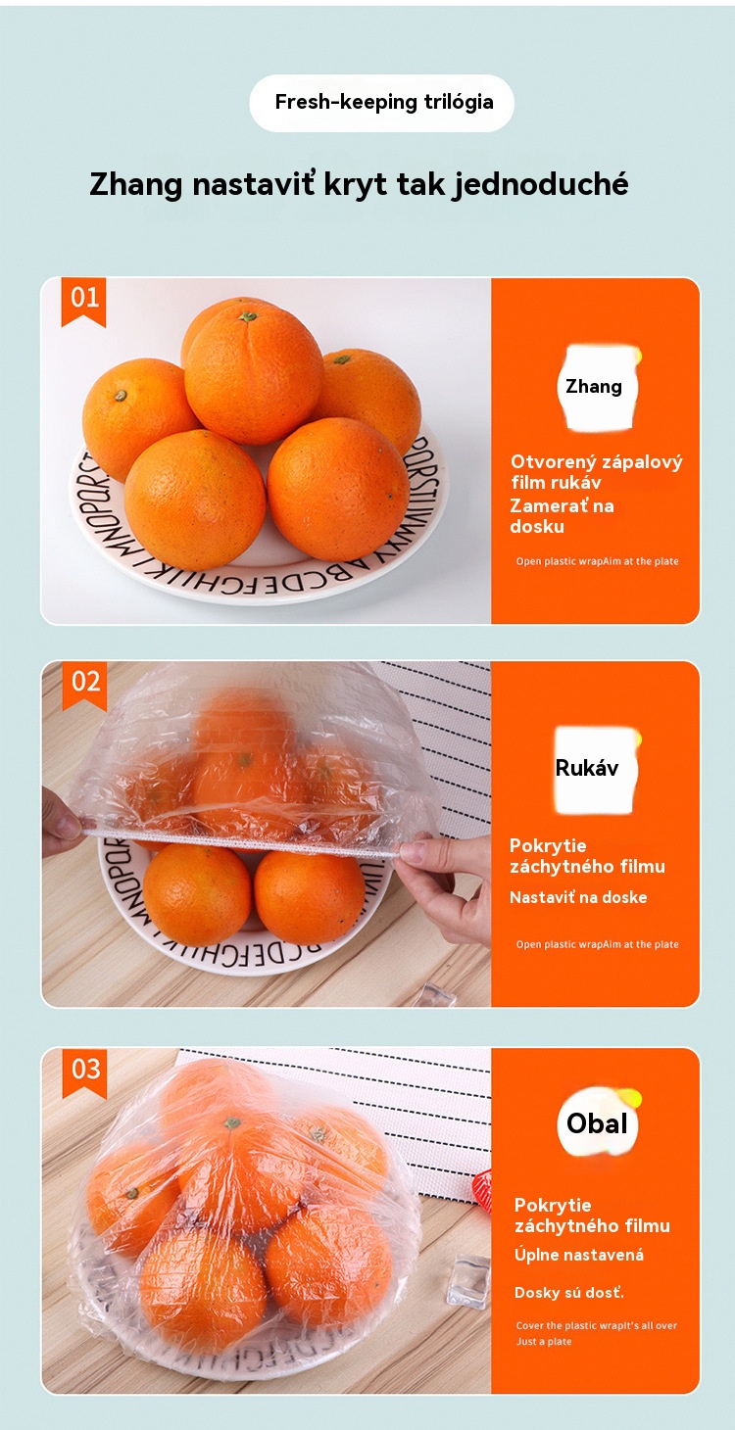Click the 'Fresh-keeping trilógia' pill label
pyautogui.click(x=382, y=103)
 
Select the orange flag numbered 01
pyautogui.click(x=84, y=302)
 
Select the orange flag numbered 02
pyautogui.click(x=85, y=686)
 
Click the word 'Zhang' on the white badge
pyautogui.click(x=593, y=387)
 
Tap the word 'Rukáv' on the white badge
pyautogui.click(x=587, y=768)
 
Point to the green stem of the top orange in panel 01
pyautogui.click(x=247, y=316)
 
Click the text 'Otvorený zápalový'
pyautogui.click(x=597, y=462)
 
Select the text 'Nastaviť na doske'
pyautogui.click(x=578, y=897)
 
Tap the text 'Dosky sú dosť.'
pyautogui.click(x=569, y=1293)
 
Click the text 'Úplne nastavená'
pyautogui.click(x=578, y=1255)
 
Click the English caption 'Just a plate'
pyautogui.click(x=544, y=1341)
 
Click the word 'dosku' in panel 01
pyautogui.click(x=537, y=527)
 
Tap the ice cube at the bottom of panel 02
pyautogui.click(x=436, y=994)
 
